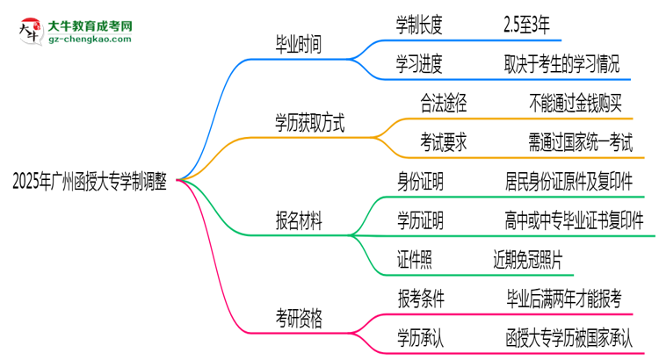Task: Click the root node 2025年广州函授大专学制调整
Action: (93, 181)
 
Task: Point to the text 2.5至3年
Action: (527, 25)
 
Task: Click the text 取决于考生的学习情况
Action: (568, 63)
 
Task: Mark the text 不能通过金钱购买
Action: (576, 104)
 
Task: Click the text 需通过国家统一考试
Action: (581, 142)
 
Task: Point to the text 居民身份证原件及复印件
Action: (568, 181)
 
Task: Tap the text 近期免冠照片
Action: (527, 259)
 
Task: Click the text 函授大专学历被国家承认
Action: (568, 337)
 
